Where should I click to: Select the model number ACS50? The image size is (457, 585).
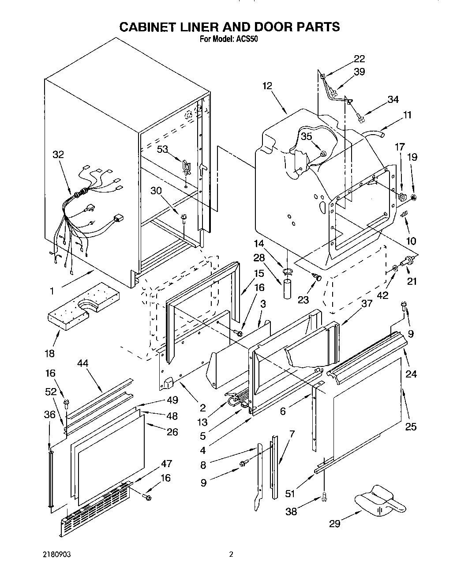(x=248, y=38)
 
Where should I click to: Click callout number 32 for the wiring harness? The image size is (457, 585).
(x=58, y=155)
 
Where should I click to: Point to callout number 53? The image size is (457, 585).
(x=162, y=149)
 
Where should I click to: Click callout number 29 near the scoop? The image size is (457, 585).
(x=335, y=524)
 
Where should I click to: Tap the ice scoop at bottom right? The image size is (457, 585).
(x=380, y=502)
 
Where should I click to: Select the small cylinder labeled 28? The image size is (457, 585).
(x=287, y=288)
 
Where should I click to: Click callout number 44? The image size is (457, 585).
(x=82, y=363)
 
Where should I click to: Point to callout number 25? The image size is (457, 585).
(x=411, y=426)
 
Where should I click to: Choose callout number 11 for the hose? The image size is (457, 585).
(x=406, y=115)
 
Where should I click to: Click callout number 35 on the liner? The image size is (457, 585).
(x=307, y=136)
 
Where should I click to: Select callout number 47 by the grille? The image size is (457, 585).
(x=166, y=464)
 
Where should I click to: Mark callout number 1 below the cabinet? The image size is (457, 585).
(x=52, y=291)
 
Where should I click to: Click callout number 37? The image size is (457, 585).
(x=366, y=303)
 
